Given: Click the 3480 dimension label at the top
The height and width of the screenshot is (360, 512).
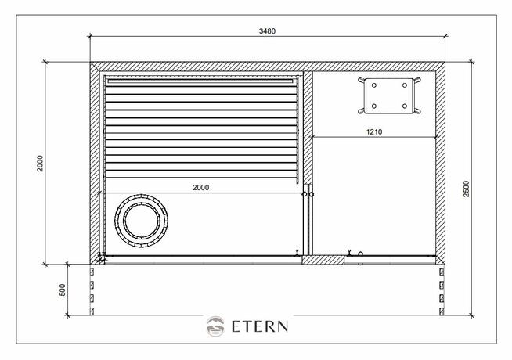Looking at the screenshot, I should pos(268,31).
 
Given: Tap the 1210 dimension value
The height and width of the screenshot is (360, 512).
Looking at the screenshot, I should pos(374,132).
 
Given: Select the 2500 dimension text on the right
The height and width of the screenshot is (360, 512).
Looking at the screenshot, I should pos(466,189).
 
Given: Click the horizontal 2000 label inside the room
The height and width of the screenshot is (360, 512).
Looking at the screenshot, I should pos(201,188).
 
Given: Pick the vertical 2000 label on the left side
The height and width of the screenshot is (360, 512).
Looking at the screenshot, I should pos(39,163).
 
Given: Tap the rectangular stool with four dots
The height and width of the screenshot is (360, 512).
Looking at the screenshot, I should pos(389,94).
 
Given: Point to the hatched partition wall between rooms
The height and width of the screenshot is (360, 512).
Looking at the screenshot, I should pos(308,125).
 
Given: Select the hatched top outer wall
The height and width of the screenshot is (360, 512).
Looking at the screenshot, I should pos(266,67).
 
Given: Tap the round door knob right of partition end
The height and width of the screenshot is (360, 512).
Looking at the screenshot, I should pos(312,193).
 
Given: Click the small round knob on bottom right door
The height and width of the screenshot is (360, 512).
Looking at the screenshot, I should pos(360,254).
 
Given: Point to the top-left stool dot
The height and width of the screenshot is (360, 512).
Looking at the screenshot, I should pos(374,84).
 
